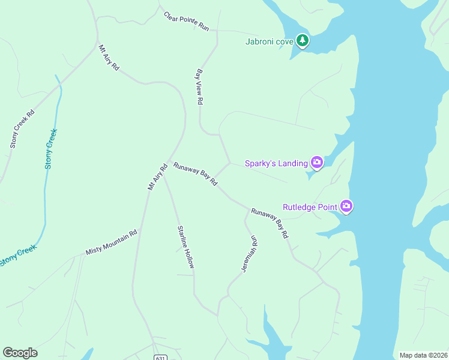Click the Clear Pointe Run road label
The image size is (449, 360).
[x=187, y=21]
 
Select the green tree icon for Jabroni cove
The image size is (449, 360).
[x=304, y=41]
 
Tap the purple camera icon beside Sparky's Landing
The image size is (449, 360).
[x=316, y=163]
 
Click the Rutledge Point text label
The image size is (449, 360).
[x=310, y=207]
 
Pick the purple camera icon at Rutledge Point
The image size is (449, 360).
[x=346, y=207]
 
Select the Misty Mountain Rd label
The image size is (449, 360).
[x=112, y=241]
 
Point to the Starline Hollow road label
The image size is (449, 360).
[x=186, y=247]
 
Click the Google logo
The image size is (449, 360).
[x=20, y=353]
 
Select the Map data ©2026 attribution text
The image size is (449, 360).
[x=423, y=355]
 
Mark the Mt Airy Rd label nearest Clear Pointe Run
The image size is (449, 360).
[x=109, y=58]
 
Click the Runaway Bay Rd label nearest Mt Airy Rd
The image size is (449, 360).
[x=195, y=173]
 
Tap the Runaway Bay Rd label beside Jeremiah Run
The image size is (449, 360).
[x=270, y=224]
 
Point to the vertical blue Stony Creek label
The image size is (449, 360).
[x=50, y=148]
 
